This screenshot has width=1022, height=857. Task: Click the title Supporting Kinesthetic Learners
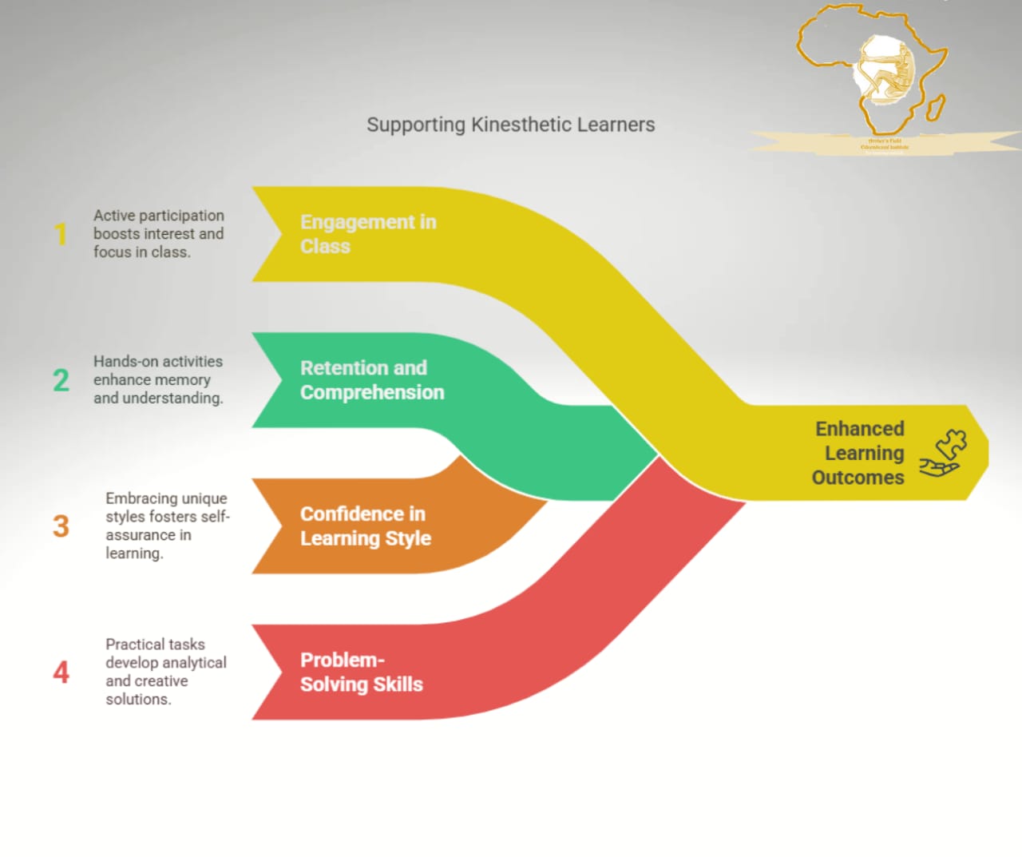(x=510, y=125)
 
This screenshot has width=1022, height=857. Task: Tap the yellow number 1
(x=61, y=234)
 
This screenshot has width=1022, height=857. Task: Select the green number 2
(x=61, y=380)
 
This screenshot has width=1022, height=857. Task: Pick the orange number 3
(x=61, y=526)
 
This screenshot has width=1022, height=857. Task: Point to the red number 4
(x=61, y=673)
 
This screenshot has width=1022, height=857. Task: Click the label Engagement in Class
(x=368, y=234)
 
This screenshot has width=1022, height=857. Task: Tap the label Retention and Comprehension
(x=372, y=380)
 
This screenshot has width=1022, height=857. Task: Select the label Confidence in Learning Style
(x=365, y=526)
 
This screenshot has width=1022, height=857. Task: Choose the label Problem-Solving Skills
(x=361, y=673)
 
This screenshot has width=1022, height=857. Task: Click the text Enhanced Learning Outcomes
(x=859, y=453)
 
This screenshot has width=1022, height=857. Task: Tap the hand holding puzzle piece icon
(x=942, y=453)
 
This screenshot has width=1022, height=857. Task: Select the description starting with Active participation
(x=158, y=234)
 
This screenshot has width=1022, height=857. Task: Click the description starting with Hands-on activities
(x=158, y=380)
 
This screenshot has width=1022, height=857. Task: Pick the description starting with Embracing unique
(x=167, y=526)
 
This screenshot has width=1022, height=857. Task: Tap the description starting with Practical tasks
(x=165, y=672)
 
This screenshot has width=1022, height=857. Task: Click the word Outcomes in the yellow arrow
(x=858, y=478)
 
